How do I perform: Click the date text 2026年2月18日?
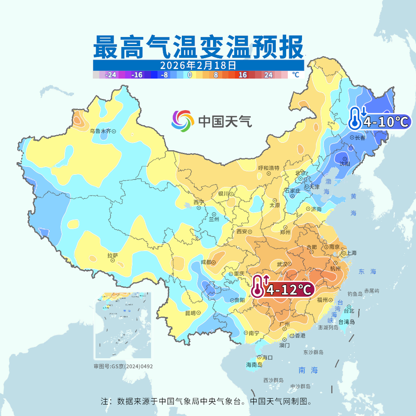point(198,65)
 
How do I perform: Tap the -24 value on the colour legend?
point(110,75)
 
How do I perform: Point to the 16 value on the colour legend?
point(243,75)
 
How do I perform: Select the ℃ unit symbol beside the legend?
point(295,75)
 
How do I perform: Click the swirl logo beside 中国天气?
point(183,121)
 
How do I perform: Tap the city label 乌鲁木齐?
point(100,131)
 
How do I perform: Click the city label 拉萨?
point(113,256)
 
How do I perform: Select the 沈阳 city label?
point(345,164)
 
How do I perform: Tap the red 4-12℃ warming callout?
point(283,289)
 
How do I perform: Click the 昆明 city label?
point(190,312)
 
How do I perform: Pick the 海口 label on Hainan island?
point(267,357)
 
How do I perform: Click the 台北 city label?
point(349,310)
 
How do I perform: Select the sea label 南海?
point(308,370)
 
